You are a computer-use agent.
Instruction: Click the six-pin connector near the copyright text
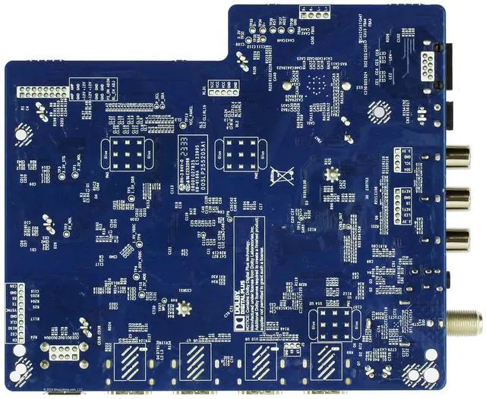pos(60,350)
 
